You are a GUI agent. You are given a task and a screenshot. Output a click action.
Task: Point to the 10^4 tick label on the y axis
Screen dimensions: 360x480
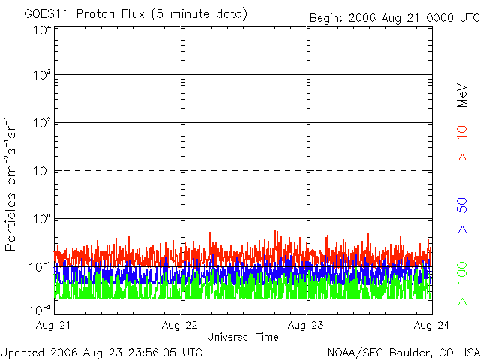point(42,30)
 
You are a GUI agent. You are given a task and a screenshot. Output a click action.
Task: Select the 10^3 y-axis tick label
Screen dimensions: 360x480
point(42,75)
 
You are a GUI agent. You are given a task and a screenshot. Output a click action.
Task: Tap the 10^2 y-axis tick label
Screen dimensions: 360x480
point(42,122)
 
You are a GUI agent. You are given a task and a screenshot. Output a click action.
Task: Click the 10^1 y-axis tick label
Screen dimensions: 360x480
point(42,170)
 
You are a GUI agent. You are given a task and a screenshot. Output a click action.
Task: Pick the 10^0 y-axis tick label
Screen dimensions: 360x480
point(42,218)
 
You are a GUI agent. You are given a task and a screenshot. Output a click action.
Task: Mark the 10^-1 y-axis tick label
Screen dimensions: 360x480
point(40,266)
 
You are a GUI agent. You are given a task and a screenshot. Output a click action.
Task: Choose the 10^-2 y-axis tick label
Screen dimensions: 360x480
point(40,308)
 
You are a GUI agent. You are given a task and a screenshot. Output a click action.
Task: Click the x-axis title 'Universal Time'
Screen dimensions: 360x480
point(243,337)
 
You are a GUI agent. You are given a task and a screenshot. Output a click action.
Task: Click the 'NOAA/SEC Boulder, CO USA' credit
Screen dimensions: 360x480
point(403,352)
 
